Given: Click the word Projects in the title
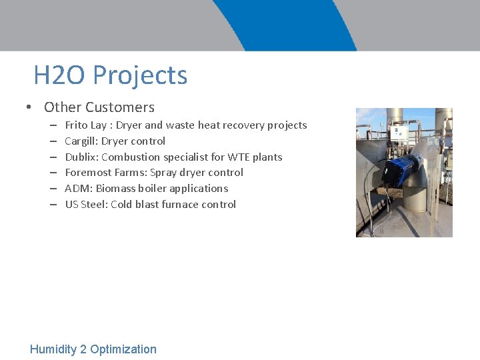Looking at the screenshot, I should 140,75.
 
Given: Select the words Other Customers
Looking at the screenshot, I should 99,107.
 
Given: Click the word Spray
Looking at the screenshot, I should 163,173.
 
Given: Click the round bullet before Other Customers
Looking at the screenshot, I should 29,108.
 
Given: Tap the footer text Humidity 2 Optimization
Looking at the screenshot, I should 93,349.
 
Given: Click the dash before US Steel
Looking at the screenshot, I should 53,205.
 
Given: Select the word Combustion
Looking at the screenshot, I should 131,157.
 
